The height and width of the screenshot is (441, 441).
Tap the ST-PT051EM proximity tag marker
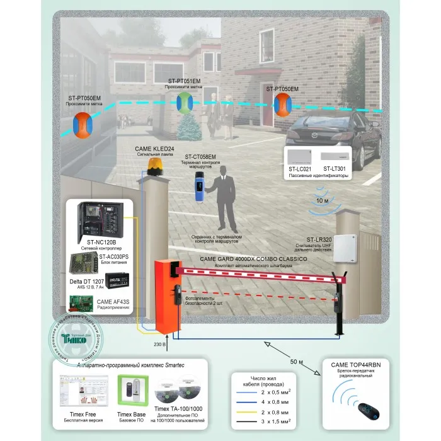[184, 102]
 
